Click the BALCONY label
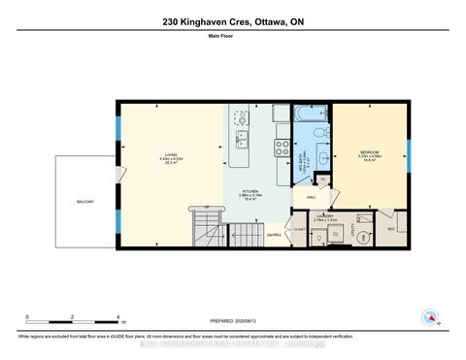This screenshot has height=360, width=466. tap(85, 202)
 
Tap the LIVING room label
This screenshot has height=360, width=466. tap(171, 154)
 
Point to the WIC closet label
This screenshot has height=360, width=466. tap(391, 229)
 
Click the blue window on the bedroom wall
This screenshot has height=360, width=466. tap(408, 156)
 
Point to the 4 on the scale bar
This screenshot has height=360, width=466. tap(117, 316)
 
